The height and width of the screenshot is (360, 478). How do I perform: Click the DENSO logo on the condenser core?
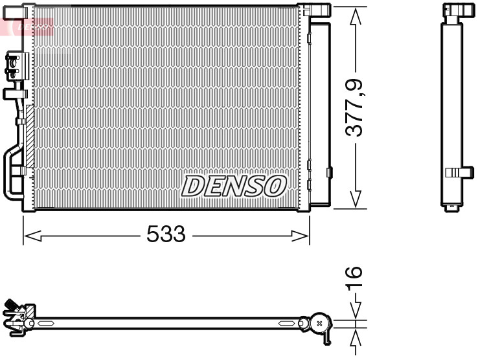click(234, 186)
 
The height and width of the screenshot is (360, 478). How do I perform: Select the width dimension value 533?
click(166, 234)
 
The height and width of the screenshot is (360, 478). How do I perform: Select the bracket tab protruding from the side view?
click(461, 172)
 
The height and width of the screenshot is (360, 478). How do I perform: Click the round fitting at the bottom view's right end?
click(320, 322)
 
